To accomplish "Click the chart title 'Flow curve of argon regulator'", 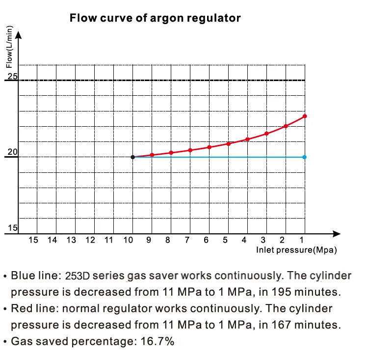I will [x=155, y=19].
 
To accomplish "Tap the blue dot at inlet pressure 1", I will [x=305, y=157].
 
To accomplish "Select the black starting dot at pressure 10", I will [x=133, y=157].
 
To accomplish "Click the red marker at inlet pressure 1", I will [x=305, y=116].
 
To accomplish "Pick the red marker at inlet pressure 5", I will [x=228, y=143].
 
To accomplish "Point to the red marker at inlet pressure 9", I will [x=152, y=155].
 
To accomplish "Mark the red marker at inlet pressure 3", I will [x=266, y=134].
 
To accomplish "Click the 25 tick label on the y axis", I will [x=12, y=76].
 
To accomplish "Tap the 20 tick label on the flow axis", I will [x=12, y=153].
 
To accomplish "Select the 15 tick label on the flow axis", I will [x=12, y=228].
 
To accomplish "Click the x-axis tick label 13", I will [x=71, y=240].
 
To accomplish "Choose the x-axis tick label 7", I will [x=187, y=240].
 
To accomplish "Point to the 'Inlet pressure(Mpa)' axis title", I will [x=296, y=250].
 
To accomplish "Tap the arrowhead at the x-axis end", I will [x=337, y=234].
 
